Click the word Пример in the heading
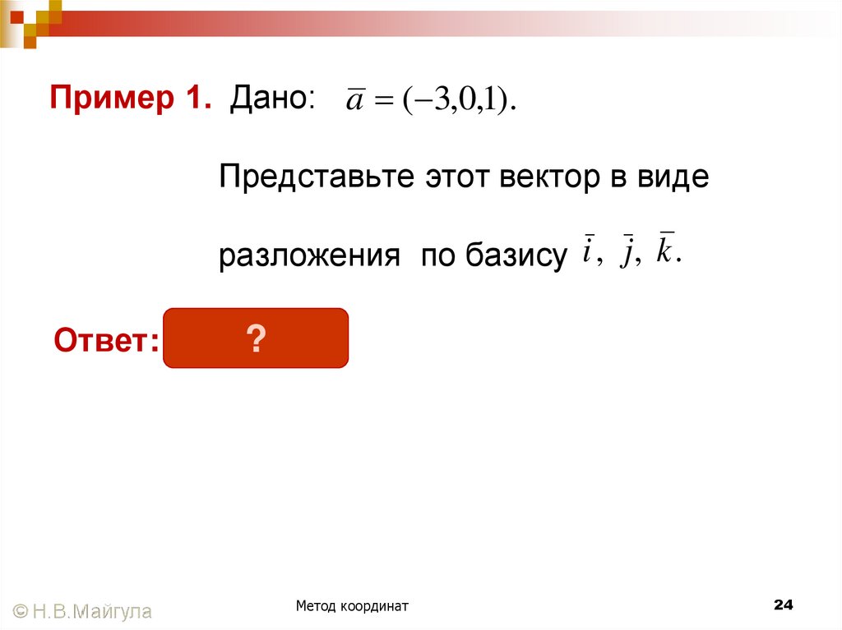(x=112, y=99)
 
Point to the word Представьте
(x=317, y=177)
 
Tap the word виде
(x=671, y=177)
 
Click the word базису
(x=516, y=256)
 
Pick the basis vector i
(x=587, y=251)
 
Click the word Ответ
(x=106, y=339)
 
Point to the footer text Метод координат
(x=353, y=606)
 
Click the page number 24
(x=783, y=605)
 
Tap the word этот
(x=457, y=177)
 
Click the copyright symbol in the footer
(x=21, y=611)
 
